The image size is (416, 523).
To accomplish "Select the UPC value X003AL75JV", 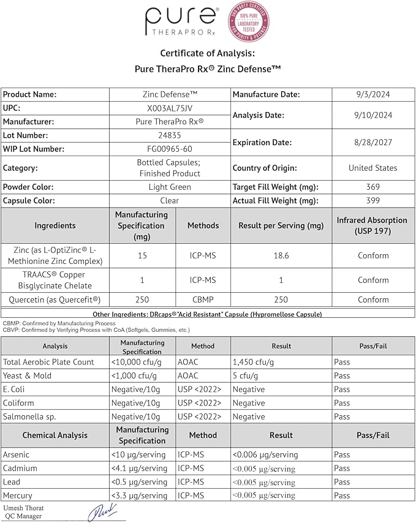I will [169, 108].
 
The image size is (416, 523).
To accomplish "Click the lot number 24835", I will [169, 135].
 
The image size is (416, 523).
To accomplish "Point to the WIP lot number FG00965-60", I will [169, 149].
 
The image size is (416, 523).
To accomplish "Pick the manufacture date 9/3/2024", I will [373, 94].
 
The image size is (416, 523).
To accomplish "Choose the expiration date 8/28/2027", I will [373, 142].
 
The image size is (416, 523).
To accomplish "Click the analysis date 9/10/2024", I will [373, 115].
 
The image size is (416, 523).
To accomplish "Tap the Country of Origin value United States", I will [373, 168].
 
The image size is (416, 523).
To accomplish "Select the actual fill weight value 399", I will [373, 200].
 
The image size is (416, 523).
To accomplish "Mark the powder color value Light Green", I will [169, 187].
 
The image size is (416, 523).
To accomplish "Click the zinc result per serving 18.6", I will [281, 255].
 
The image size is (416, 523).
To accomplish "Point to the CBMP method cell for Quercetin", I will [203, 299].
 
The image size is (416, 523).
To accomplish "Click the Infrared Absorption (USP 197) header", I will [372, 225].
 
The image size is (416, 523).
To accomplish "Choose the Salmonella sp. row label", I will [29, 416].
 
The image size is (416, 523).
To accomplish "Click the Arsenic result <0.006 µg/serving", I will [265, 454].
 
